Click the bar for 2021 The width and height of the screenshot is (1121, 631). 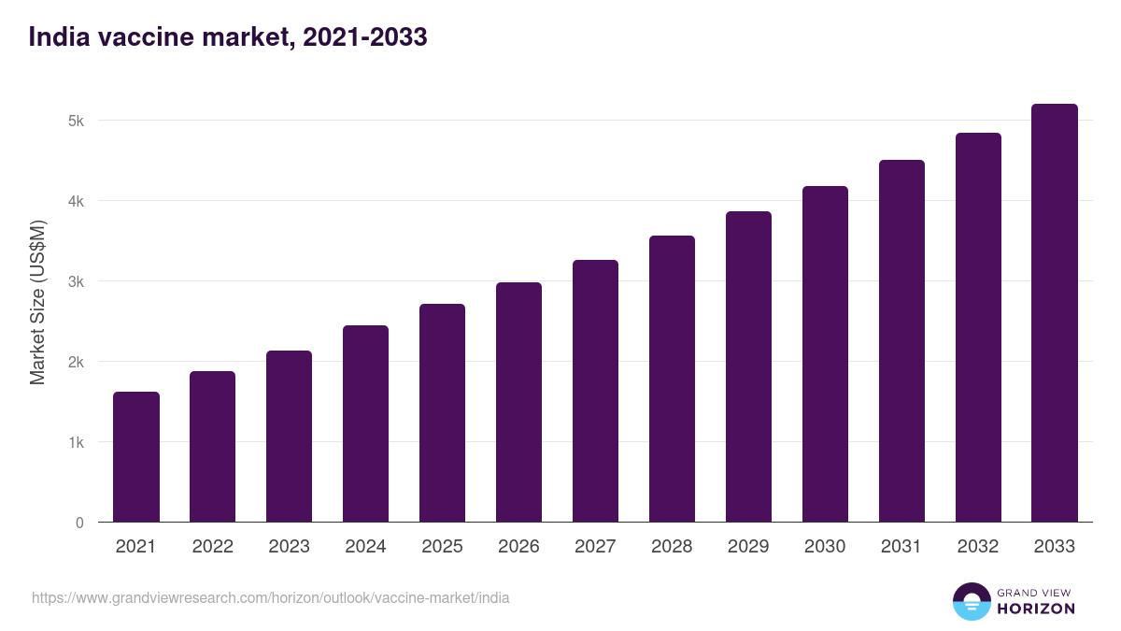coord(136,457)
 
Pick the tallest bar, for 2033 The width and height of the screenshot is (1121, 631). coord(1055,313)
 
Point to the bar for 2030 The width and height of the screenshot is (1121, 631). coord(825,354)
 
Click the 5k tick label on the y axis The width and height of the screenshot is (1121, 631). coord(76,121)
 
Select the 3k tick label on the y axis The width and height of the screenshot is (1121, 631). coord(76,281)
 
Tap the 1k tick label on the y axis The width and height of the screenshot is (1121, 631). coord(76,442)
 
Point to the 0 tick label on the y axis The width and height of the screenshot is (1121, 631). coord(79,523)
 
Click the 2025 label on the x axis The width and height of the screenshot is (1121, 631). coord(442,547)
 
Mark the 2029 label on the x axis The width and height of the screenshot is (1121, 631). coord(748,547)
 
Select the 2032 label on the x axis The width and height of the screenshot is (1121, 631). coord(978,547)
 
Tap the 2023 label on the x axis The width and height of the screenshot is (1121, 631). coord(289,547)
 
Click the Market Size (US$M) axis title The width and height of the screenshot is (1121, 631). coord(37,302)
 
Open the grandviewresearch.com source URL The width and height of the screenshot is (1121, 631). coord(271,597)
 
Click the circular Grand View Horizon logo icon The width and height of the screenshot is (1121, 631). coord(971,601)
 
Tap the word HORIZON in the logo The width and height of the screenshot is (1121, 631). coord(1036,609)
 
